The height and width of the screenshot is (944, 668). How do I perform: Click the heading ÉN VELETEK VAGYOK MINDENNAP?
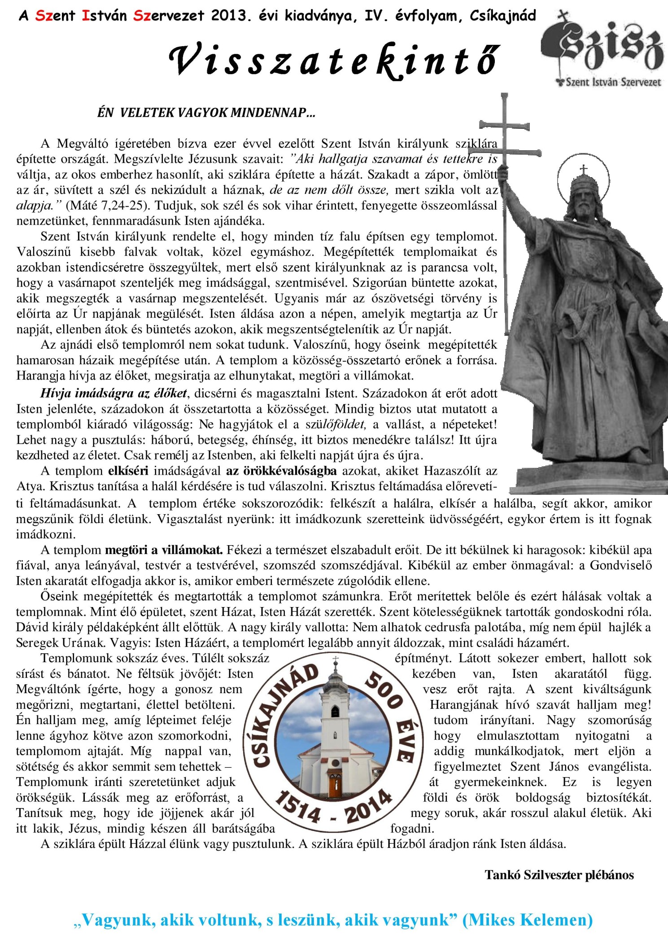[206, 113]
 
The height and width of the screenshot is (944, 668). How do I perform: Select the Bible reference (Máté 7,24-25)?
[107, 205]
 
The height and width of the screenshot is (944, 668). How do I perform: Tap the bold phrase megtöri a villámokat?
[164, 550]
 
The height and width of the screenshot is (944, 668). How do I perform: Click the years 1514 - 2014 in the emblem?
[334, 808]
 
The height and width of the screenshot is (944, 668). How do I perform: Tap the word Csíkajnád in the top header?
[503, 16]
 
